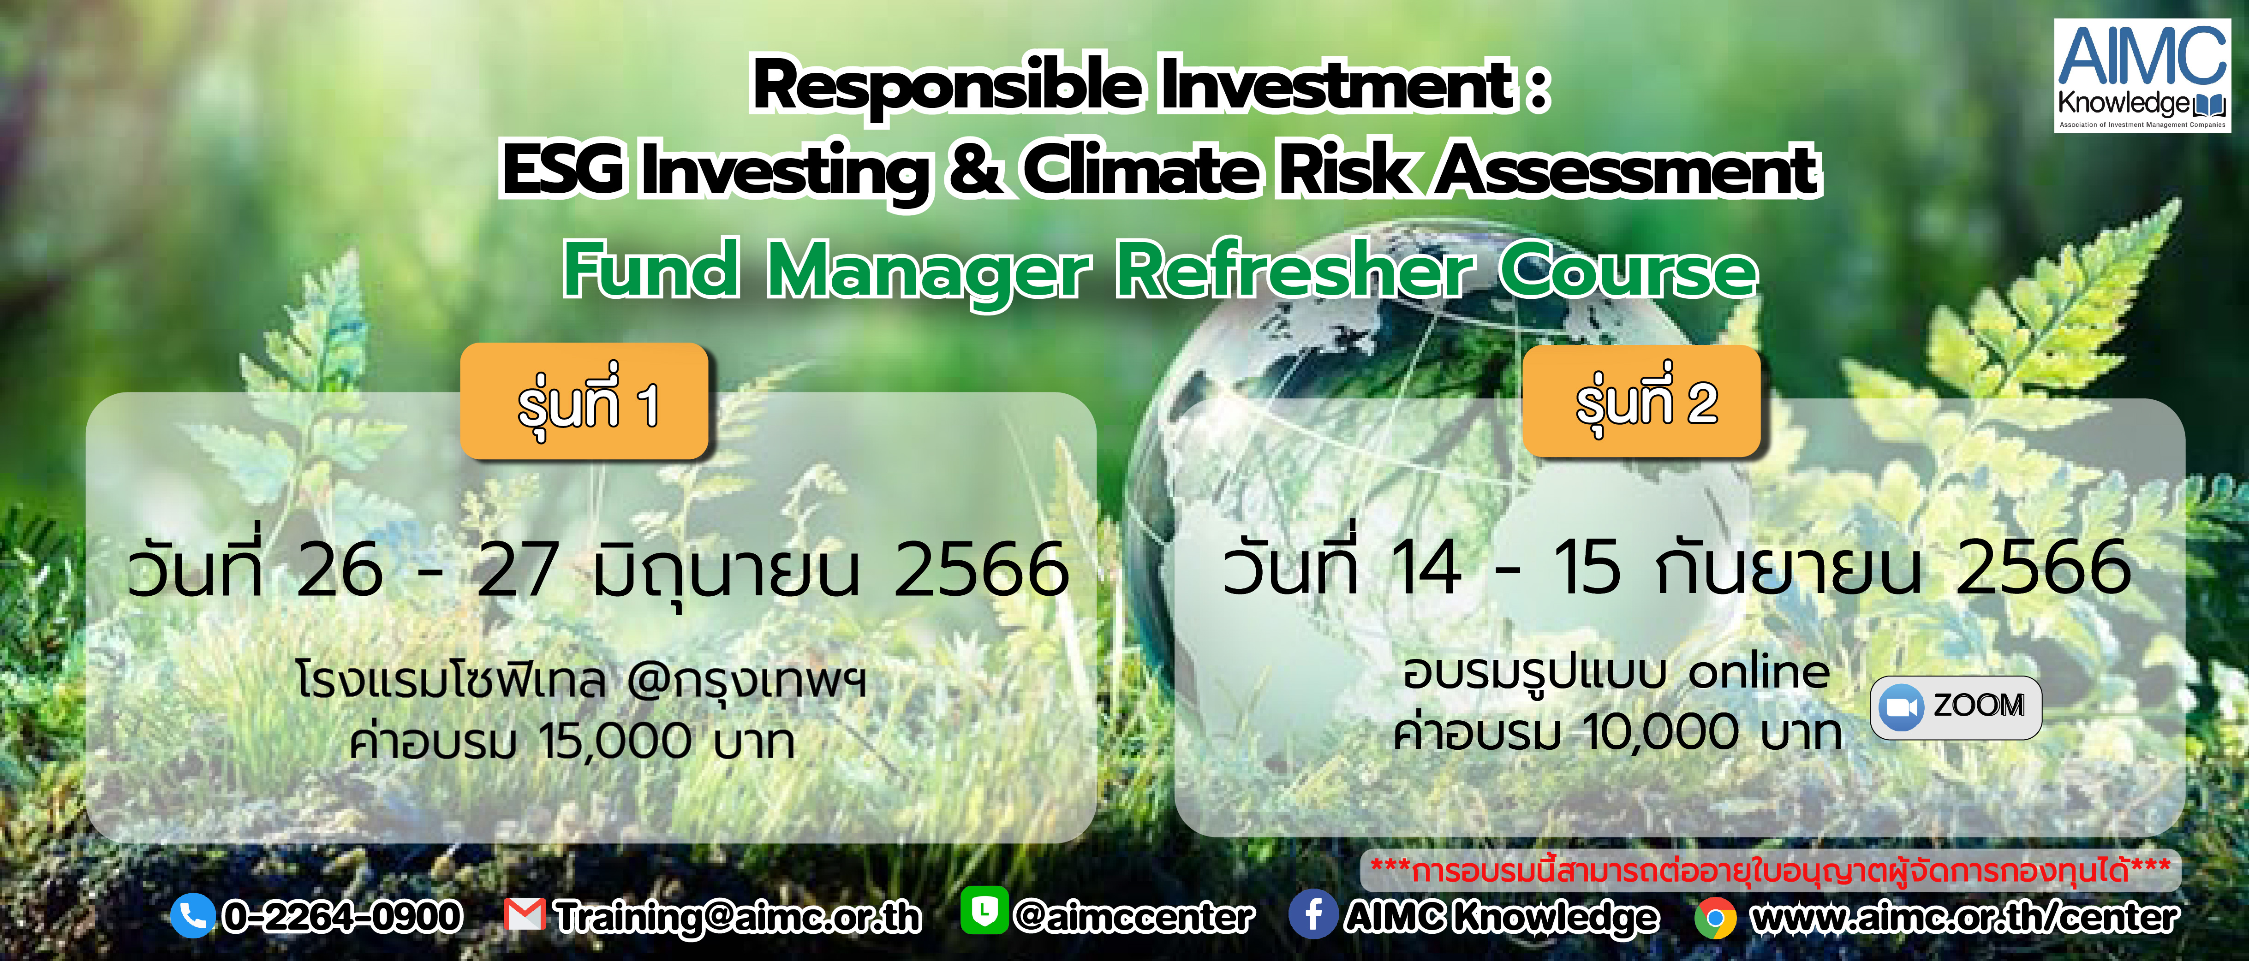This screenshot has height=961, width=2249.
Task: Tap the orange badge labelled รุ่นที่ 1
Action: [x=584, y=402]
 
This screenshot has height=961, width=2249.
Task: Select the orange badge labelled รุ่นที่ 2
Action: [x=1641, y=402]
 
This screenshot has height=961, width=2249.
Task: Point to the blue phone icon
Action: [x=192, y=916]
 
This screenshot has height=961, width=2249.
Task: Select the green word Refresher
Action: [x=1295, y=271]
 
